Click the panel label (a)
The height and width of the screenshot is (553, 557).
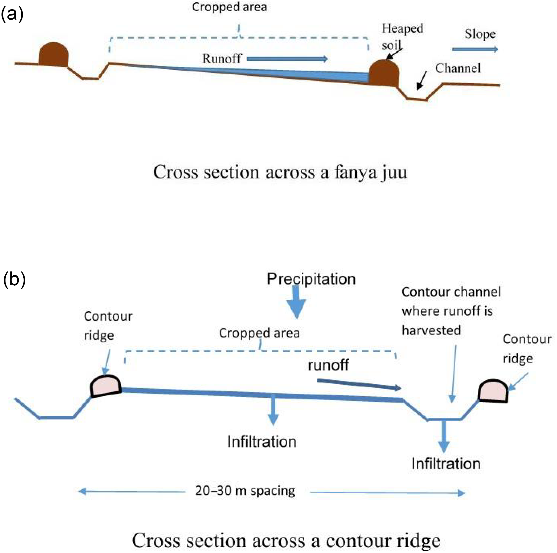coord(12,14)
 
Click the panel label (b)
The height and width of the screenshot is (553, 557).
coord(14,279)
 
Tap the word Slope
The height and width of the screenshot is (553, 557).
coord(480,34)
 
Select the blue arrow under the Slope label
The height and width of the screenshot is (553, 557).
coord(475,49)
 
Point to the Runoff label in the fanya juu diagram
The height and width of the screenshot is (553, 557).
coord(222,59)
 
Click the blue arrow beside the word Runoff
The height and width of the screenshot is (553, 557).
coord(287,59)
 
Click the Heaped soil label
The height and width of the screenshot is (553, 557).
coord(402,36)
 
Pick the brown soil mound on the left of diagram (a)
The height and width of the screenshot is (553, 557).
coord(53,55)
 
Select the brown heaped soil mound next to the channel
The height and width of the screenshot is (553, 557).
coord(384,73)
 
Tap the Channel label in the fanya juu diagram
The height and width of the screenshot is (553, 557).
coord(458,69)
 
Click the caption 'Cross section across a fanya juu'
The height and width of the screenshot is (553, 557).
coord(280,172)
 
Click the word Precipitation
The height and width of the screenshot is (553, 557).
coord(311,279)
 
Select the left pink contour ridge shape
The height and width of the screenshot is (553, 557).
coord(105,386)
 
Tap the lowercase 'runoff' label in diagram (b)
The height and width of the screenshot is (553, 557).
coord(328,365)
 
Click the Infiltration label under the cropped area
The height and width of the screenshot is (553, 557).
coord(262,442)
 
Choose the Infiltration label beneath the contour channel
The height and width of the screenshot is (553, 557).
coord(446,464)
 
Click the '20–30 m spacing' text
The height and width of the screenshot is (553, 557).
coord(245,491)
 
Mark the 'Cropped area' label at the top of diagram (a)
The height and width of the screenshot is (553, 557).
coord(229,7)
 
